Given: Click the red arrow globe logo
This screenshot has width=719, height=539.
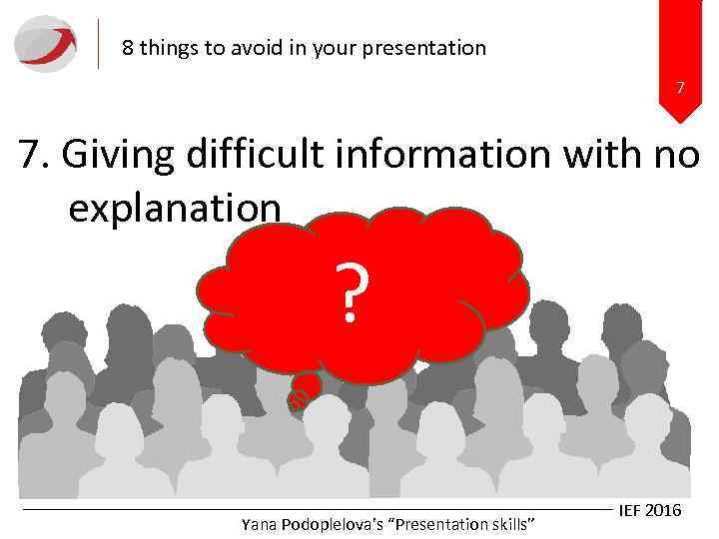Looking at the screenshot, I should [45, 44].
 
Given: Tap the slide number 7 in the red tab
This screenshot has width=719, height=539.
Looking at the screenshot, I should [680, 89].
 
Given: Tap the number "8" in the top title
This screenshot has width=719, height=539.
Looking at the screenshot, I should [127, 48].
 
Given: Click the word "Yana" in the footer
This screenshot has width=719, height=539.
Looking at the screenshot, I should [261, 524].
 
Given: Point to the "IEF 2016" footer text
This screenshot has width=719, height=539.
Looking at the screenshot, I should [649, 510].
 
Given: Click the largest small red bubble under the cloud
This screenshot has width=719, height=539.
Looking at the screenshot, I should [308, 384].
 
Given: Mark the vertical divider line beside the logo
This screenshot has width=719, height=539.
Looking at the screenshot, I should [100, 44].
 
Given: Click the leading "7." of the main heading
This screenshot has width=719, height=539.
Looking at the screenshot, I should [38, 157].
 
